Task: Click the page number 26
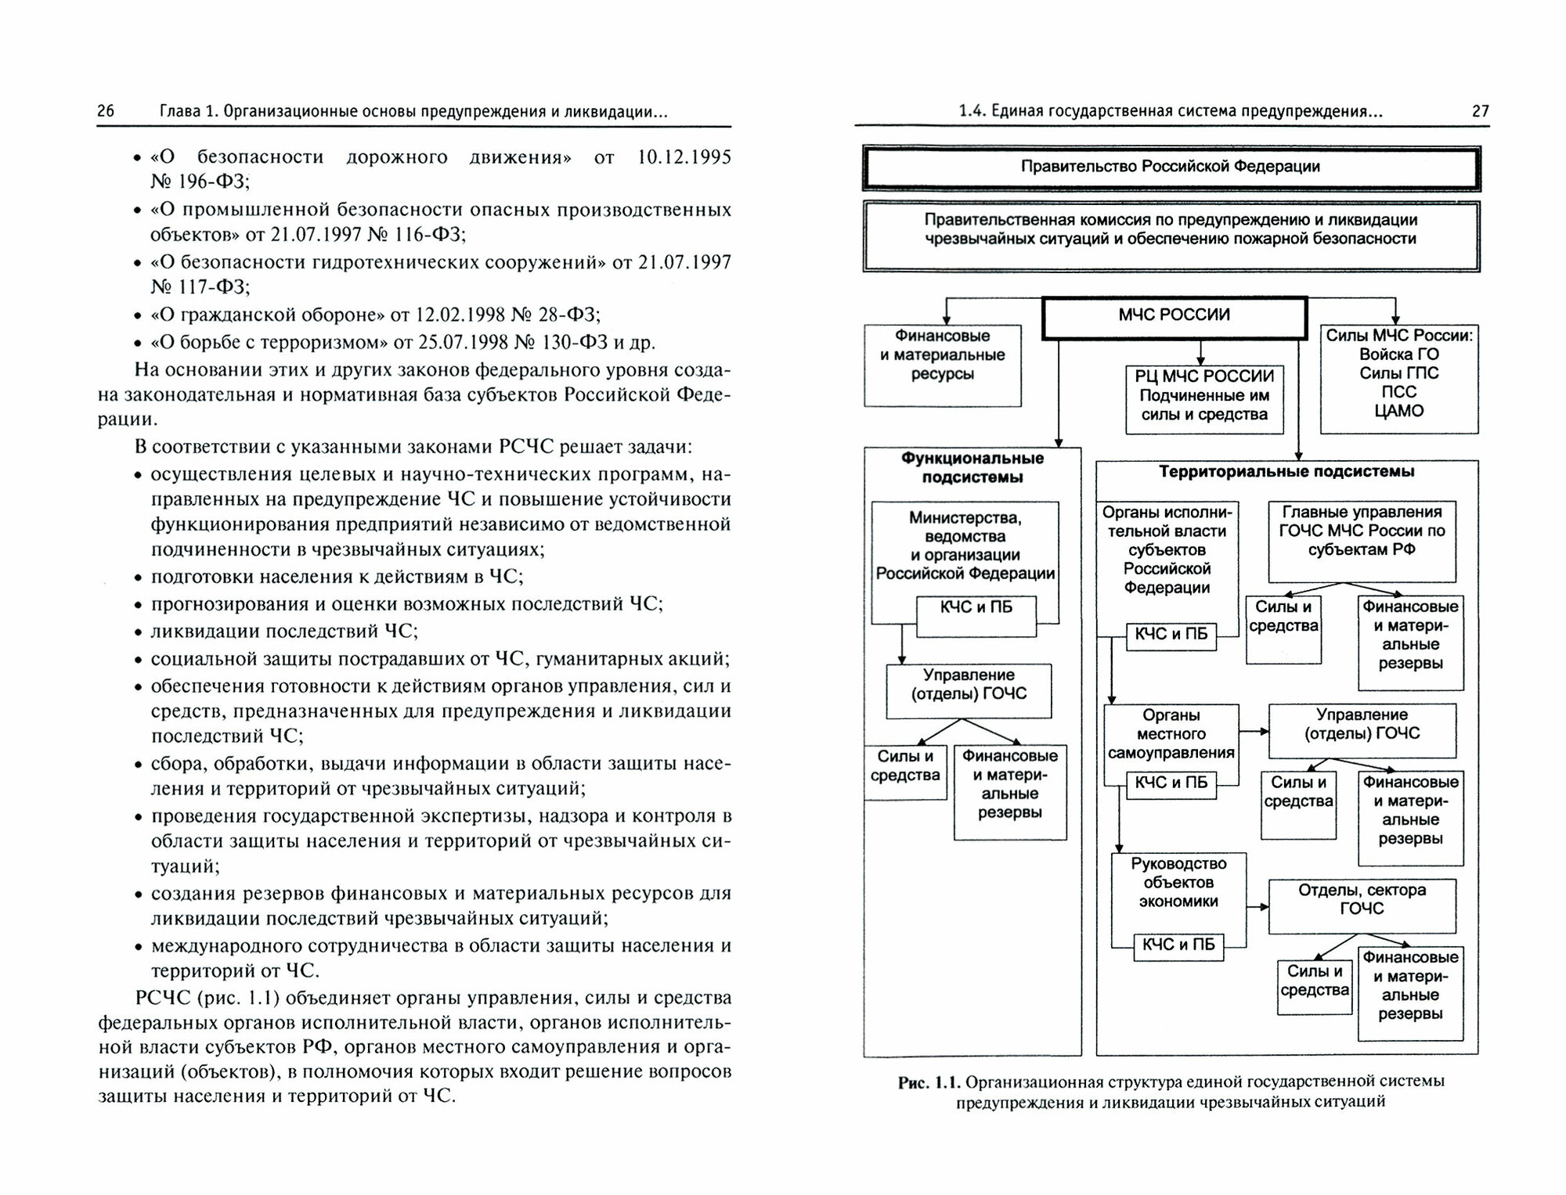click(106, 111)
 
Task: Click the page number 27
click(1480, 111)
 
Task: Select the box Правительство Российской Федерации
click(1171, 167)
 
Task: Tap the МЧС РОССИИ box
click(1174, 315)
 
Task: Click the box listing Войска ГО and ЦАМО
click(1398, 378)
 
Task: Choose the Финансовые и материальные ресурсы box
click(942, 364)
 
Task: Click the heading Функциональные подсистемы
click(972, 468)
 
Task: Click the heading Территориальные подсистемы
click(1286, 472)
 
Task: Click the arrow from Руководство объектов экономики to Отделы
click(1257, 907)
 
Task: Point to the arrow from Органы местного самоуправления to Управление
click(1254, 732)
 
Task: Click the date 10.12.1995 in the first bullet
click(684, 157)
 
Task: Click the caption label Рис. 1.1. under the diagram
click(929, 1083)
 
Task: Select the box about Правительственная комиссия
click(1171, 236)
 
